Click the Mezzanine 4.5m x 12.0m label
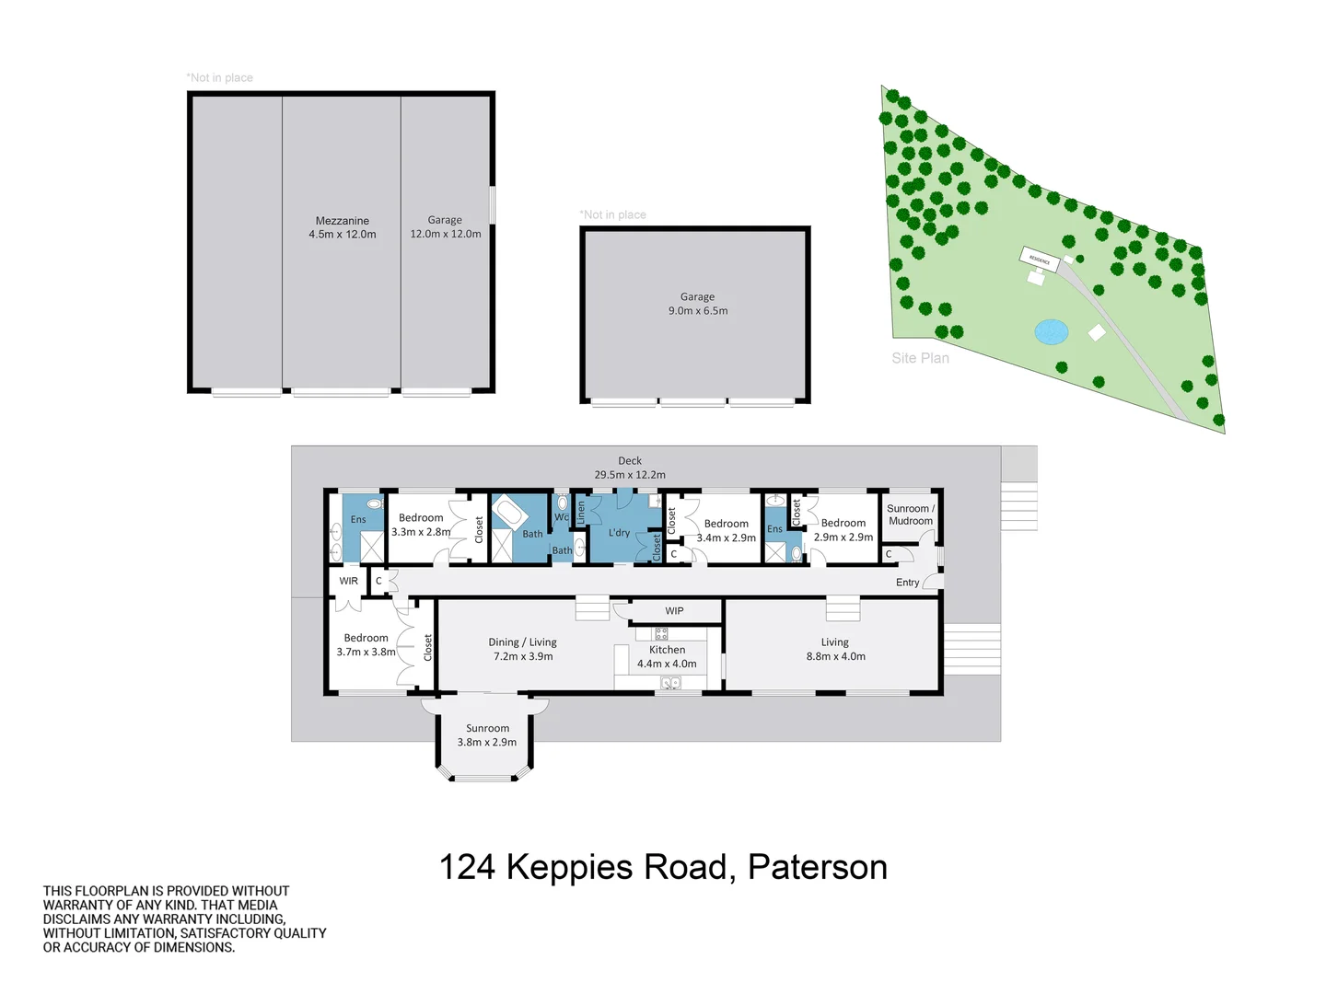pos(342,227)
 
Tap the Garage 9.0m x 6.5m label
pos(697,304)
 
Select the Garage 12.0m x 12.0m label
pos(445,227)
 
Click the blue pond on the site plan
pos(1051,331)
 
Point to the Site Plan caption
pos(920,358)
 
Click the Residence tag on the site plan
pos(1040,260)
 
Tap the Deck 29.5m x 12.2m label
pos(630,468)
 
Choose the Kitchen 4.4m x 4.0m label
pos(667,656)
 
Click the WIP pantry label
pos(674,611)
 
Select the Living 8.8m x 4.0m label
pos(835,649)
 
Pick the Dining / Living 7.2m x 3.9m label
pos(522,649)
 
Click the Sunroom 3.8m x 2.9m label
pos(487,734)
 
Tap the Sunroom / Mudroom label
pos(910,514)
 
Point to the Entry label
pos(907,583)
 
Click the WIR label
pos(348,582)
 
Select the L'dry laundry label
pos(619,533)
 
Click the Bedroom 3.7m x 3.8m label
pos(366,644)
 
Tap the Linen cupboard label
pos(581,513)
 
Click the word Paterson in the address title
pos(817,867)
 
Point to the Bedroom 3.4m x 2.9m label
pos(726,530)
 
